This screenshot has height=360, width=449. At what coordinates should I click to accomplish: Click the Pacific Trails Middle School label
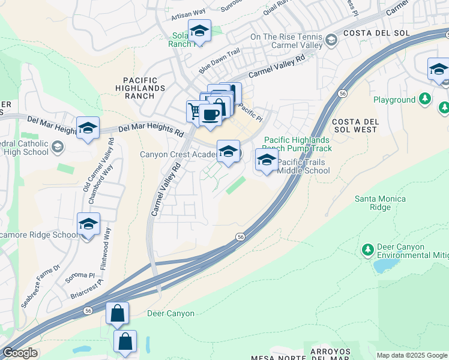[303, 166]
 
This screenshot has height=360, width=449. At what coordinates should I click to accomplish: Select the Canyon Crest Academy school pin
[228, 151]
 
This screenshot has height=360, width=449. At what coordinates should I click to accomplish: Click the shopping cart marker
[194, 110]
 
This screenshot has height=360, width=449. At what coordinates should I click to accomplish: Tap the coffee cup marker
[209, 114]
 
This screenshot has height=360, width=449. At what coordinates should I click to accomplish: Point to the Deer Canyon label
[171, 313]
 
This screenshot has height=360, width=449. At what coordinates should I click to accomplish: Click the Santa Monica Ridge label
[380, 203]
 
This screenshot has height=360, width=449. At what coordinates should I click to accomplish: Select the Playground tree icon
[425, 98]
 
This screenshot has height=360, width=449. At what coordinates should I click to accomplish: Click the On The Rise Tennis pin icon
[330, 41]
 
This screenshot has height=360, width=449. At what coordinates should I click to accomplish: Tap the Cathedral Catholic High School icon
[58, 146]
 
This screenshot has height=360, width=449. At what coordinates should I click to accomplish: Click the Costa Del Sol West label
[355, 125]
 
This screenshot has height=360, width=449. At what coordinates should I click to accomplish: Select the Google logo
[20, 353]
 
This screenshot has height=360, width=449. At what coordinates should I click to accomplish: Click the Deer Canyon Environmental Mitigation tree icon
[368, 248]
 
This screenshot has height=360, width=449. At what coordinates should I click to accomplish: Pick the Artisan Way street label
[188, 11]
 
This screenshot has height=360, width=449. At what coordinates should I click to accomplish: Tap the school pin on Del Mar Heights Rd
[88, 128]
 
